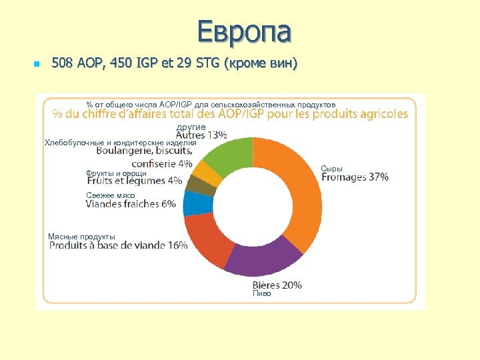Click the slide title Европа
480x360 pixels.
244,31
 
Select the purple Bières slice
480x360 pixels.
260,259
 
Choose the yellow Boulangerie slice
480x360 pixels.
207,174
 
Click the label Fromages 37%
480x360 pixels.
355,177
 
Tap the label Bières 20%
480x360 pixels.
277,285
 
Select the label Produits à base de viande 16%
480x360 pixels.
118,245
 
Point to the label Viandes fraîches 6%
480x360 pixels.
131,204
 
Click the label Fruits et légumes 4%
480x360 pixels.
134,181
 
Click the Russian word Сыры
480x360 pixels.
331,169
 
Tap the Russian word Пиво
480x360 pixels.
261,293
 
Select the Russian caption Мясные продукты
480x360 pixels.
81,237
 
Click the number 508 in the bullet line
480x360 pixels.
64,64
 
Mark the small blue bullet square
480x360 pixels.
37,65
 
